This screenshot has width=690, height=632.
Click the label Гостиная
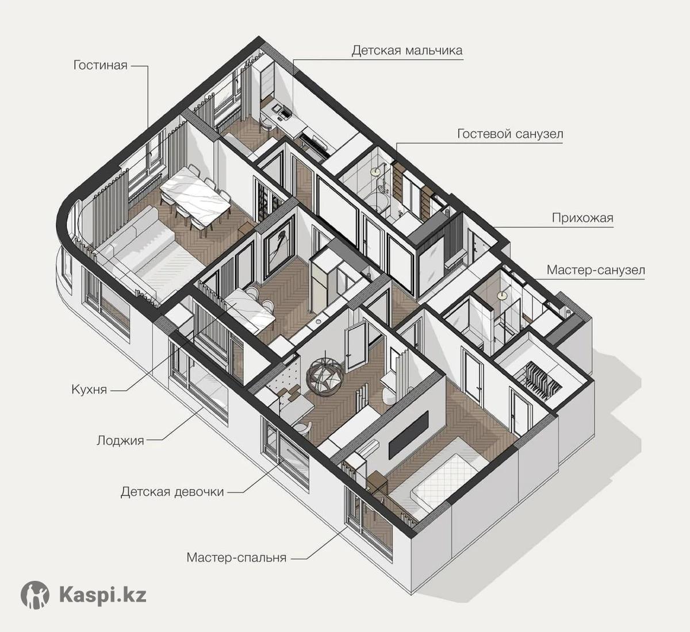point(101,65)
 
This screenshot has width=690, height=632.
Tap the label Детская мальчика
point(407,51)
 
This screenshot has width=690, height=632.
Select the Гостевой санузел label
point(510,133)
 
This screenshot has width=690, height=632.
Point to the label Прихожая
point(582,218)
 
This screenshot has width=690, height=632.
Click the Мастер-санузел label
point(596,270)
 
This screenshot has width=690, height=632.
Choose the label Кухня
point(89,389)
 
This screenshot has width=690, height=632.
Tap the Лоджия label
point(120,440)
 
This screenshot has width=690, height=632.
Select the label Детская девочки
point(172,492)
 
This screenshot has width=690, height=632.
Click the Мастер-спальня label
point(237,557)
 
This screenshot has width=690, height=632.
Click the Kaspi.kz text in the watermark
point(103,595)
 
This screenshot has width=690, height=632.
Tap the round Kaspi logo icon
point(34,595)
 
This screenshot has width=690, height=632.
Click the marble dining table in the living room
point(195,195)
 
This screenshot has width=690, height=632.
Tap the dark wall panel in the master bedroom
point(409,434)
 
